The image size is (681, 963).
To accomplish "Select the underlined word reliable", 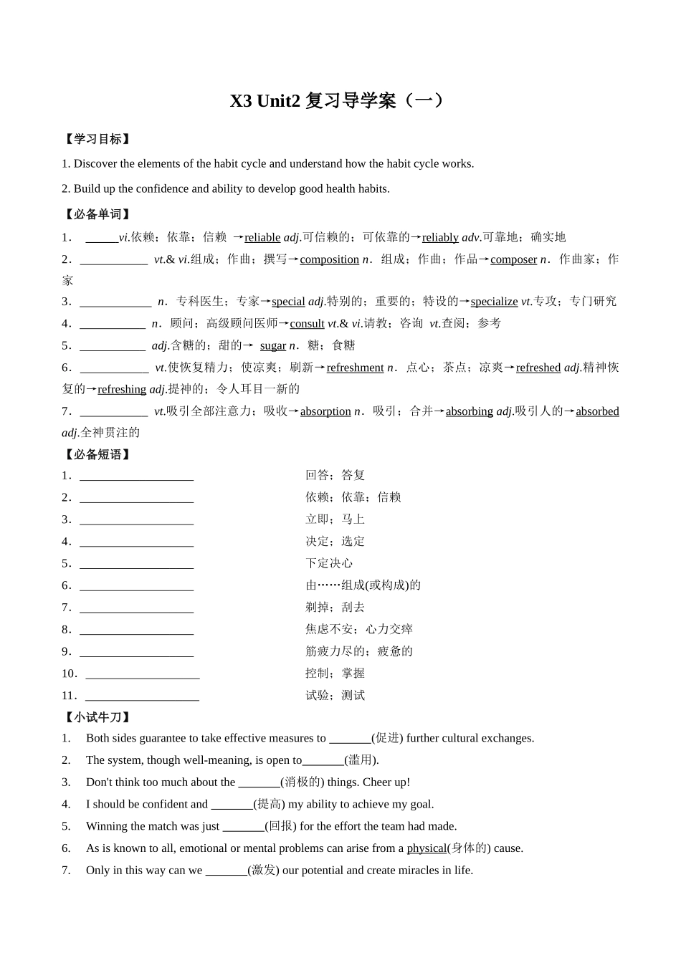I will point(262,237).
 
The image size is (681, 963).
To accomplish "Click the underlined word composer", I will point(513,259).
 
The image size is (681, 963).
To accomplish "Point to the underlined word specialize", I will point(494,302).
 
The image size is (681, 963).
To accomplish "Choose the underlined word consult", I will point(307,324).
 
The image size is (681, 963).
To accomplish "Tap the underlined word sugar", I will point(272,346).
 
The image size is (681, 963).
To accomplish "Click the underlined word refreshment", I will point(355,368).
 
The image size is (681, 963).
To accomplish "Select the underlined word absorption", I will point(325,411).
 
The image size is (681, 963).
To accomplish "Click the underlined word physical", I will point(427,848).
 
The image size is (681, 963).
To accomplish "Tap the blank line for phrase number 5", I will point(136,564).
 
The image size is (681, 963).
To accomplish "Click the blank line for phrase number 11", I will point(142,696).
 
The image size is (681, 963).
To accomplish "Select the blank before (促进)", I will point(350,739).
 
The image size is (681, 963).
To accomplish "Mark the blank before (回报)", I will point(244,827).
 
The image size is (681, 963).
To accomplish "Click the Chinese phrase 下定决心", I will point(329,563).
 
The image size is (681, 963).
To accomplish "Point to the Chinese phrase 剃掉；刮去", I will point(335,608).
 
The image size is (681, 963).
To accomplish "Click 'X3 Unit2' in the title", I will point(265,101).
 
